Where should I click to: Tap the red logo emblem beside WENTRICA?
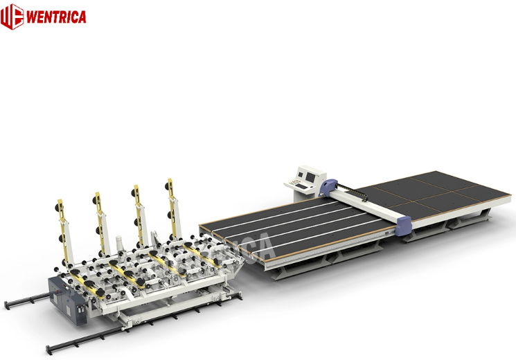click(x=12, y=16)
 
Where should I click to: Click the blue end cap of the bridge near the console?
click(x=331, y=186)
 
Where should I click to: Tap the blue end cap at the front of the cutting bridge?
click(x=404, y=224)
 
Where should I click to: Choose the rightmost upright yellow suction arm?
click(x=170, y=201)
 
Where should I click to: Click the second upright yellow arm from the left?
click(x=100, y=215)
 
